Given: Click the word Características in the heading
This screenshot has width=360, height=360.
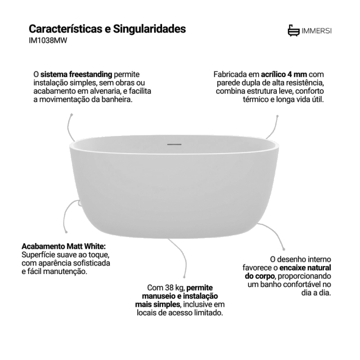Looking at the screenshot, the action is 65,29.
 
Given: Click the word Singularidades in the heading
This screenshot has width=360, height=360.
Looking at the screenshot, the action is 149,29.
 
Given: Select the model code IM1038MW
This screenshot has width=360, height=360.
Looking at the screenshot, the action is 48,40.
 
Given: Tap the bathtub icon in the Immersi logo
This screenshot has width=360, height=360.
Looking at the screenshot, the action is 294,31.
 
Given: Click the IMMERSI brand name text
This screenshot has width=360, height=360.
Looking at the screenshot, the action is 316,31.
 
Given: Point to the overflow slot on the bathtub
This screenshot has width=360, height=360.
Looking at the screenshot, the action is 174,144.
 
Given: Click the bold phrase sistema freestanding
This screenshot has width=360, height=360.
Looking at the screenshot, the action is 76,74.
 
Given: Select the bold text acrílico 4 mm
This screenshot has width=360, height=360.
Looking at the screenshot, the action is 284,74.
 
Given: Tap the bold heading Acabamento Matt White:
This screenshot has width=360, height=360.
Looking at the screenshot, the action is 63,246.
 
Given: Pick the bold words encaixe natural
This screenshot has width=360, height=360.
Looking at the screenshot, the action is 305,268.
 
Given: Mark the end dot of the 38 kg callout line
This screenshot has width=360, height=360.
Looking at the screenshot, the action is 184,277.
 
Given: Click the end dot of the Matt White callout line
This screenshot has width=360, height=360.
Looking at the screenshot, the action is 66,232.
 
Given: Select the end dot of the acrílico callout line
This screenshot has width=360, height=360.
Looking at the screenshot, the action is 277,116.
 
